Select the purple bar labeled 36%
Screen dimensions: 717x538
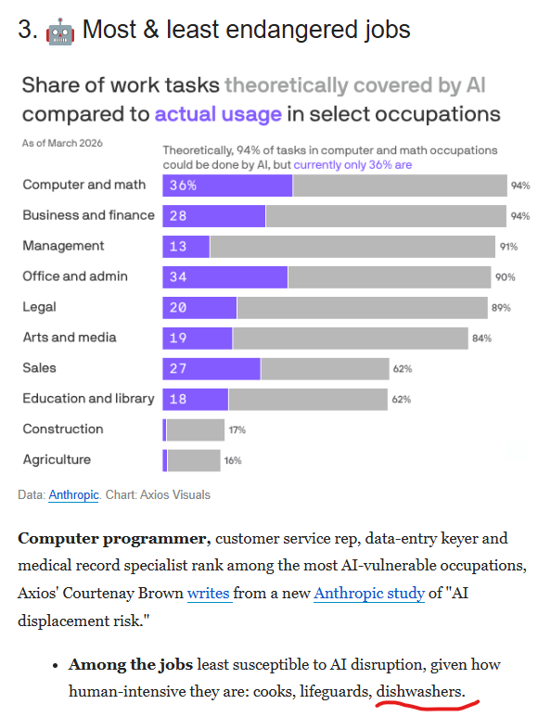[x=227, y=186]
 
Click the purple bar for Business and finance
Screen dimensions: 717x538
[x=213, y=216]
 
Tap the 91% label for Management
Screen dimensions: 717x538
[x=508, y=247]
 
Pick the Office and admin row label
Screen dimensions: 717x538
[x=75, y=276]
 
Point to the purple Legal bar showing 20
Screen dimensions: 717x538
[x=199, y=308]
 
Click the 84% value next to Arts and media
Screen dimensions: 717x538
[x=481, y=339]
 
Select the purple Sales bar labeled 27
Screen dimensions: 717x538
[x=211, y=368]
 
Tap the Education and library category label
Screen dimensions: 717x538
[x=88, y=399]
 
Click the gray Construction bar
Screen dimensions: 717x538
[x=195, y=429]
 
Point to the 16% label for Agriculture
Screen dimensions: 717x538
[x=232, y=460]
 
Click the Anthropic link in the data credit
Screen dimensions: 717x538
[x=73, y=494]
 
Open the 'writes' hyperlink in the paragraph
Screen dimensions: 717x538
[x=208, y=593]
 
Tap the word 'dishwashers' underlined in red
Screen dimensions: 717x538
[x=419, y=691]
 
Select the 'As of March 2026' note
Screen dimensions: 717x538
[x=62, y=144]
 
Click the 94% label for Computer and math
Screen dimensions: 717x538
[x=519, y=186]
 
